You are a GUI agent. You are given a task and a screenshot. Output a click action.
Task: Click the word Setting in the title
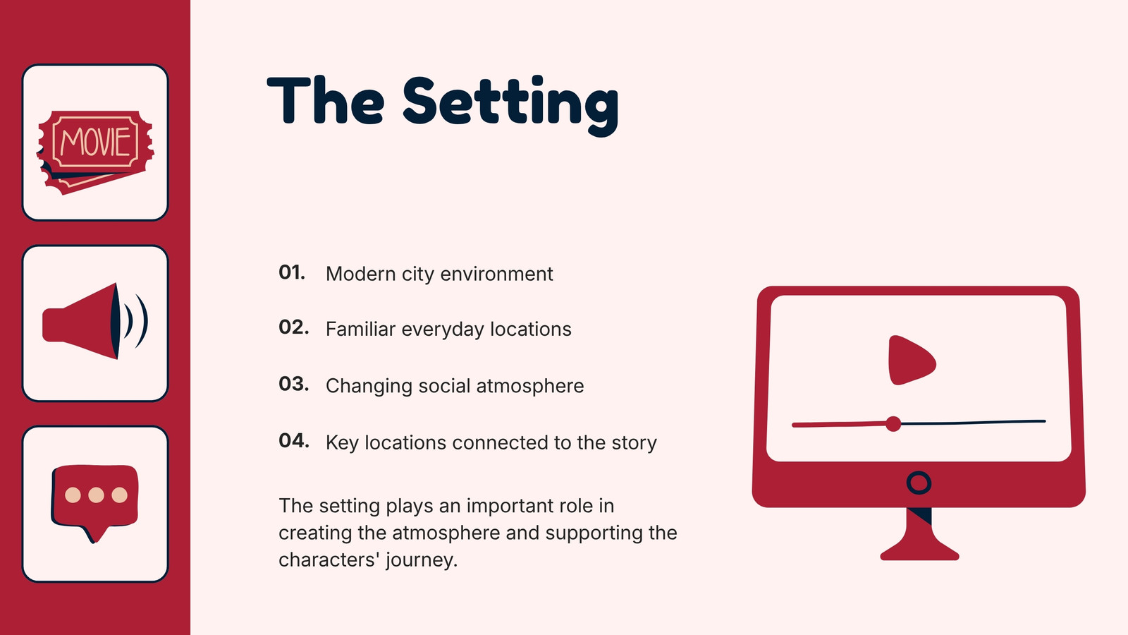point(510,105)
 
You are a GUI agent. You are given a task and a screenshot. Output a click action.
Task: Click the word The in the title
point(326,100)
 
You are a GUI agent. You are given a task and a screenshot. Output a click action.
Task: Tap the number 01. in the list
point(292,272)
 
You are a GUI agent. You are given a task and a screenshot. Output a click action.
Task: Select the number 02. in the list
point(293,327)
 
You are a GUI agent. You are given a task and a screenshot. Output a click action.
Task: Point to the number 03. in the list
point(293,384)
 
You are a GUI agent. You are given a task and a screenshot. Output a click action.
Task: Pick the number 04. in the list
point(293,441)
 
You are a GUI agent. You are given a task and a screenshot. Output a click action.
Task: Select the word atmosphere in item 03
point(529,386)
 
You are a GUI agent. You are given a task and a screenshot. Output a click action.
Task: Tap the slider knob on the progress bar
point(893,424)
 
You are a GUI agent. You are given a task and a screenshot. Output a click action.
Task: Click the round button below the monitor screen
point(919,483)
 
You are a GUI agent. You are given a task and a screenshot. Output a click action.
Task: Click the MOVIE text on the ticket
point(96,141)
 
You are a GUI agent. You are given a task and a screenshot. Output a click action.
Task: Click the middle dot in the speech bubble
point(96,495)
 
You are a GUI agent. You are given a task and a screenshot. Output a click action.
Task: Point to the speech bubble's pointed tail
point(94,534)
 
